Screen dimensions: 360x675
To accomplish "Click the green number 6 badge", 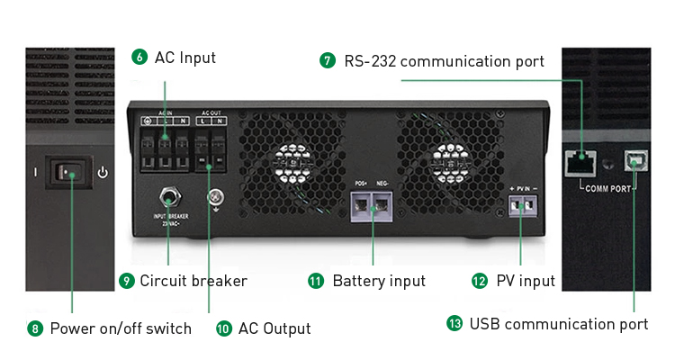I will coord(139,58).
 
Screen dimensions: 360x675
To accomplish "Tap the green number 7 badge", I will coord(328,61).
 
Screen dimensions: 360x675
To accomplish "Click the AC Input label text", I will coord(185,58).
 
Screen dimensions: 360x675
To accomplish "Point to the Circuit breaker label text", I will coord(193,281).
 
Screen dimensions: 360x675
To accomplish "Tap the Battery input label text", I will coord(379,281).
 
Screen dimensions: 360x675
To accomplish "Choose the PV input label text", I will coord(526,281).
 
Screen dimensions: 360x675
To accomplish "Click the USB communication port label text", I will coord(558,323).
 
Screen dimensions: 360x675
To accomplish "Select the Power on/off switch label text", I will coord(121,328).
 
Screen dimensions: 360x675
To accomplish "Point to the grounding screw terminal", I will coord(215,197).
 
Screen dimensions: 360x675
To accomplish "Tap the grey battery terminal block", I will coord(373,206).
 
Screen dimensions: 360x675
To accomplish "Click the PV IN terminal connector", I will coord(522,206).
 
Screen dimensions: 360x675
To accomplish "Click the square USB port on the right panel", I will coord(635,161).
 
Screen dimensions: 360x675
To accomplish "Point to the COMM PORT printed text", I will coord(608,189).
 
